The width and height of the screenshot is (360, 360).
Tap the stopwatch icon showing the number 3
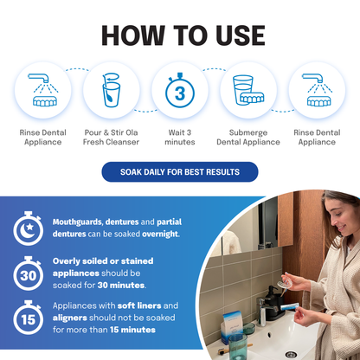[x=179, y=91]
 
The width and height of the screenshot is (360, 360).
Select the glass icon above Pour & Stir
[x=112, y=91]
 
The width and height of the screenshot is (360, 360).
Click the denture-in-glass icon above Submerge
[x=247, y=91]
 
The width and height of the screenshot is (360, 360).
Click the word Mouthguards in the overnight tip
[x=77, y=222]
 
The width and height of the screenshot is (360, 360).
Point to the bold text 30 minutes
[x=129, y=286]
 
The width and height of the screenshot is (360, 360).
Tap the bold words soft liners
[x=146, y=305]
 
